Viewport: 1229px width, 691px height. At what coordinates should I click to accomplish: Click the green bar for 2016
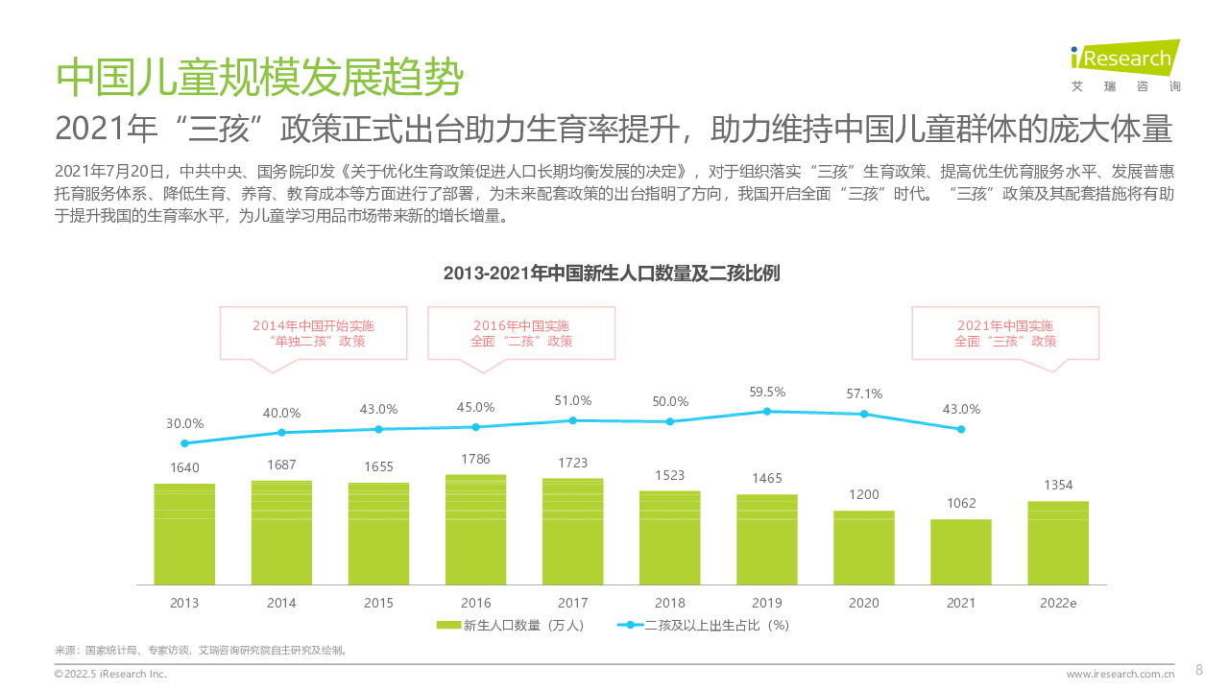475,530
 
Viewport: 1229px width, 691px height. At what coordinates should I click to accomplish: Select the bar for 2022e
1058,543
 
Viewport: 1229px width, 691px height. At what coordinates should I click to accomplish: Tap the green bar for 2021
960,552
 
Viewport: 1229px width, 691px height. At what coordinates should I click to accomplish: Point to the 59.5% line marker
766,411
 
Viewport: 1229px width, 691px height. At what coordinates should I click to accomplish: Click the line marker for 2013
184,443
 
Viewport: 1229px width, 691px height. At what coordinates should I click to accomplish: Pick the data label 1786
475,459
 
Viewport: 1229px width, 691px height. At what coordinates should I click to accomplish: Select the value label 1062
960,503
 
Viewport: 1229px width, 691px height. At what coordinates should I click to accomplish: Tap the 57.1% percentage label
863,393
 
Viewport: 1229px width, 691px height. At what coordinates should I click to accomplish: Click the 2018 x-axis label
669,603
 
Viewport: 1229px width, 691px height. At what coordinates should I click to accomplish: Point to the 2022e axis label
1058,603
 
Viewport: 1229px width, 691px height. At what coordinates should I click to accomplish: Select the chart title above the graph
612,274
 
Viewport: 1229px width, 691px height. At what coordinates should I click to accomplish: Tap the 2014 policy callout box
313,333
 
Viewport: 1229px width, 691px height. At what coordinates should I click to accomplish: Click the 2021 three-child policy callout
1005,333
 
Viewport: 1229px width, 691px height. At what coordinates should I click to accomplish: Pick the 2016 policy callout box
521,333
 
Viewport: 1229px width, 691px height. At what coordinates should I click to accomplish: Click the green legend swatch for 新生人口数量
447,625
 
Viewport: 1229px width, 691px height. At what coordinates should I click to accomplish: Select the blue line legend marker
628,625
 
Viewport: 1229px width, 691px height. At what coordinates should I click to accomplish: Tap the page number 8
1198,670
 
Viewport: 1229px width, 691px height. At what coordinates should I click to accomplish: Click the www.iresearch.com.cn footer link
1121,674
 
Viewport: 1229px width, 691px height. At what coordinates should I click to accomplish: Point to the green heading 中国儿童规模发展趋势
259,77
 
